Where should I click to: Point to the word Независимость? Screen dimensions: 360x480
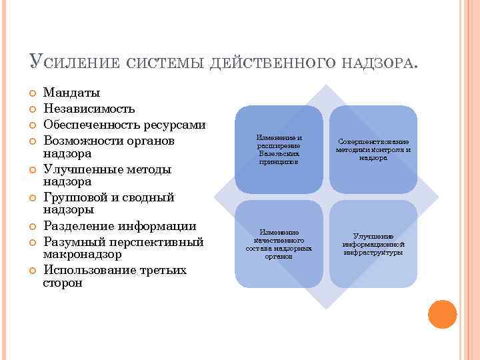[x=89, y=109]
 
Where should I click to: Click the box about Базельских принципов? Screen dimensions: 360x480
[x=279, y=149]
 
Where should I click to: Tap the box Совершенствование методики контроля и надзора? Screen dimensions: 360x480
[x=373, y=149]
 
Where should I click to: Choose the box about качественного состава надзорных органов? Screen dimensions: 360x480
[x=279, y=244]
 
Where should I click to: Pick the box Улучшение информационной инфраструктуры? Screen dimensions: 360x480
[x=373, y=244]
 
